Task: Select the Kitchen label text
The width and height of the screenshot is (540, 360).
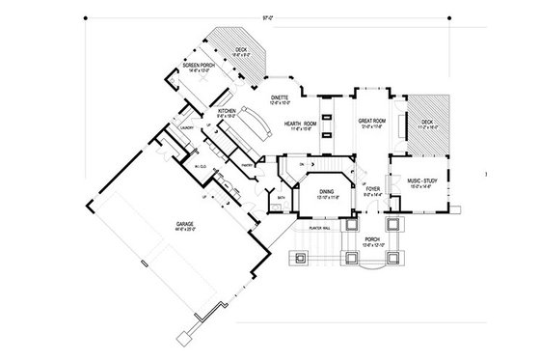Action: pyautogui.click(x=227, y=112)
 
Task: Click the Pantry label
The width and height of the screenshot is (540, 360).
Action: pyautogui.click(x=247, y=165)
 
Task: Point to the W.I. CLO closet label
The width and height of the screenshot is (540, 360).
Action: pyautogui.click(x=201, y=167)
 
